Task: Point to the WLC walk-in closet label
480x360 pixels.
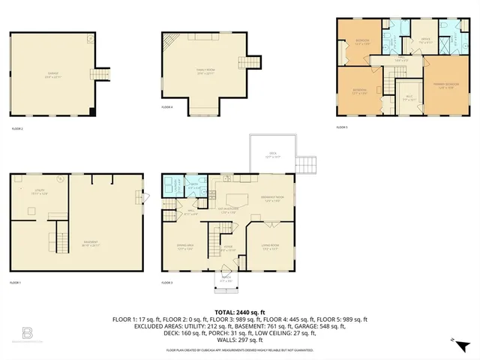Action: click(x=409, y=97)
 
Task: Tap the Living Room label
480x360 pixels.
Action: click(x=270, y=248)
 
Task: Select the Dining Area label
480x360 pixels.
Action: click(x=185, y=248)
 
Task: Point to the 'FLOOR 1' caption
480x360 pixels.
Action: click(x=15, y=283)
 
